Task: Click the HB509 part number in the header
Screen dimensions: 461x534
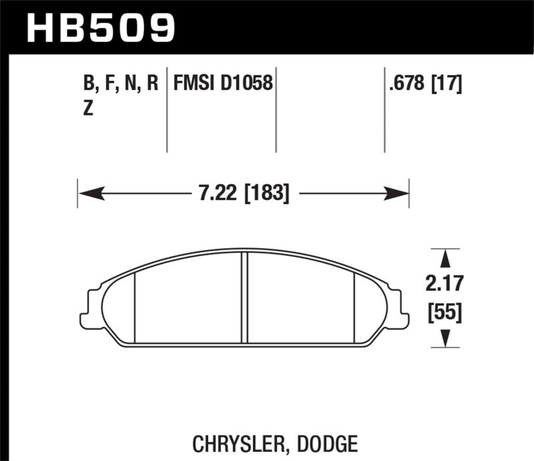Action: point(101,28)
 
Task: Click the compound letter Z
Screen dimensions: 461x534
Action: point(87,111)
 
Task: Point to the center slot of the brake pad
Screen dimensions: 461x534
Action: point(245,298)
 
